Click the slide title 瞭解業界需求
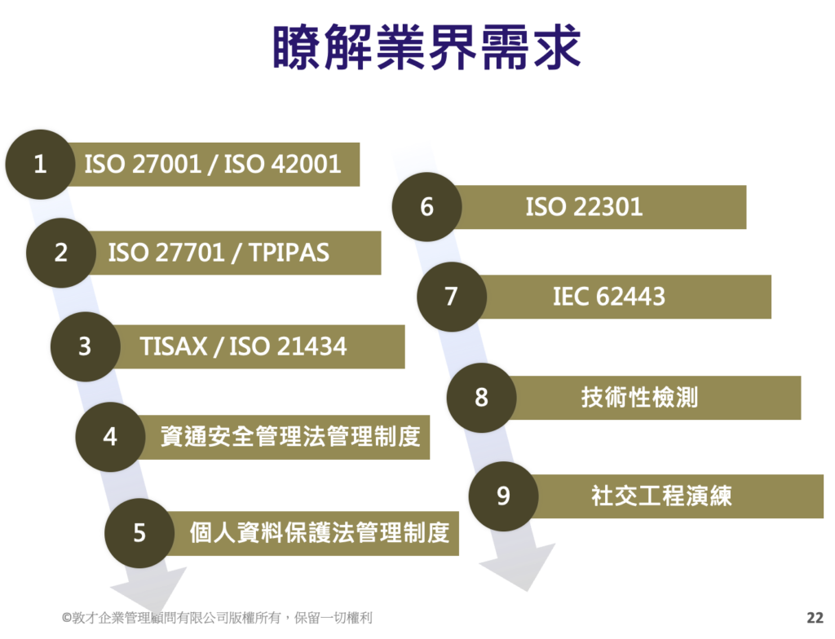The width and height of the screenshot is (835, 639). click(426, 46)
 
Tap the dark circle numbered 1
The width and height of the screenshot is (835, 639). click(41, 164)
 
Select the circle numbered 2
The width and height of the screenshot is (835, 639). click(61, 253)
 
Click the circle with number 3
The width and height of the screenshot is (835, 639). click(86, 346)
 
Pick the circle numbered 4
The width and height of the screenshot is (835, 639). click(110, 437)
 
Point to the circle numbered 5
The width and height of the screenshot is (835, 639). click(139, 532)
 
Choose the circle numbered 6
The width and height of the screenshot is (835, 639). click(427, 206)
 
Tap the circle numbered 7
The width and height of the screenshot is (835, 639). click(452, 297)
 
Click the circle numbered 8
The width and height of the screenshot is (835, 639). click(481, 397)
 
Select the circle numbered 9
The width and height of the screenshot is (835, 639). click(504, 496)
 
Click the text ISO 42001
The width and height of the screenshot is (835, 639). click(282, 164)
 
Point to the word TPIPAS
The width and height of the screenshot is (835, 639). click(289, 253)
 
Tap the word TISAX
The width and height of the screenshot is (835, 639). click(173, 346)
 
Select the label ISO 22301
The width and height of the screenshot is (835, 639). click(584, 206)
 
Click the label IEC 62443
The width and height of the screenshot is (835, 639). click(609, 297)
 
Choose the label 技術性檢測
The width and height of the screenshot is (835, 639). click(639, 397)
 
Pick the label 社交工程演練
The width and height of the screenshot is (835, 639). click(662, 496)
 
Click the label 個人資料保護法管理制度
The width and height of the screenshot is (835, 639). click(320, 532)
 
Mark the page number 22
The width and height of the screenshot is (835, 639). click(815, 618)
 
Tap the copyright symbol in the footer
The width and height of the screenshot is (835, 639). click(67, 618)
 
